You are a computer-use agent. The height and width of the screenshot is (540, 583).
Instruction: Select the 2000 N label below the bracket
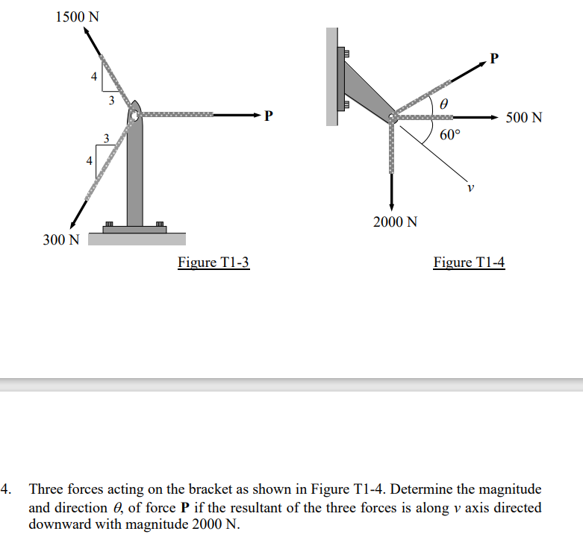[x=395, y=222]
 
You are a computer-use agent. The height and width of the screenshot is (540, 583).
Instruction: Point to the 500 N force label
[x=524, y=118]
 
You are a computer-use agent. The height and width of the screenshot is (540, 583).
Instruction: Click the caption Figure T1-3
[x=213, y=262]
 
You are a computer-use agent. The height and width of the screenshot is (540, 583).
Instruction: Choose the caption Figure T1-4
[x=469, y=262]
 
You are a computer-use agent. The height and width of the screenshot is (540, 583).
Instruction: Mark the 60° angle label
[x=450, y=135]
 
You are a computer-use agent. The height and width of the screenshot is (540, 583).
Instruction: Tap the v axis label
[x=470, y=187]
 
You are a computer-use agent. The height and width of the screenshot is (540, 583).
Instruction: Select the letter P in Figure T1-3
[x=269, y=116]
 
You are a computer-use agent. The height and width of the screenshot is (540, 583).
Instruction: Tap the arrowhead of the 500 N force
[x=494, y=116]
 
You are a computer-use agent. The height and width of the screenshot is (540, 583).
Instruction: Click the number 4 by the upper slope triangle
[x=94, y=77]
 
